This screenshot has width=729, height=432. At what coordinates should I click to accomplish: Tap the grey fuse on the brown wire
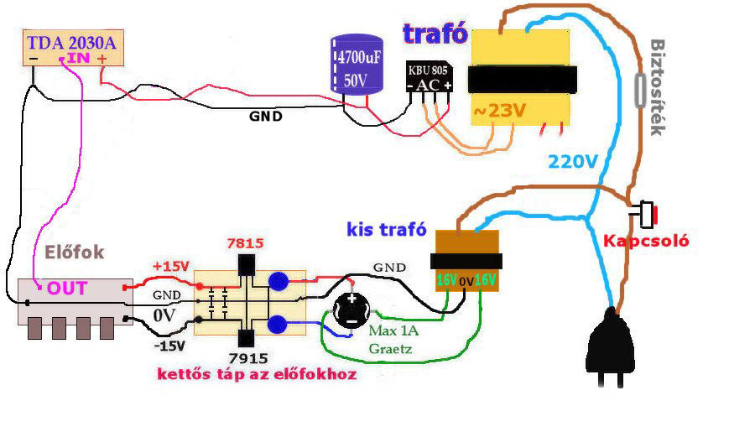[x=643, y=87]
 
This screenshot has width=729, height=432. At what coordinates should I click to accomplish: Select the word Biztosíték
[x=659, y=87]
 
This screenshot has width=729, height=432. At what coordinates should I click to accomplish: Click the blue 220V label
[x=573, y=162]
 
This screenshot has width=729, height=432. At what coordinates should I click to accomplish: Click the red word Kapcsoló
[x=646, y=241]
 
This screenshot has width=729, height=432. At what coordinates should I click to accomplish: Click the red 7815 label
[x=246, y=243]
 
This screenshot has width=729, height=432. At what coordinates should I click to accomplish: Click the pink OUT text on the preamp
[x=67, y=289]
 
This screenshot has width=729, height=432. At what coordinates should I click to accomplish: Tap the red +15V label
[x=172, y=267]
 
